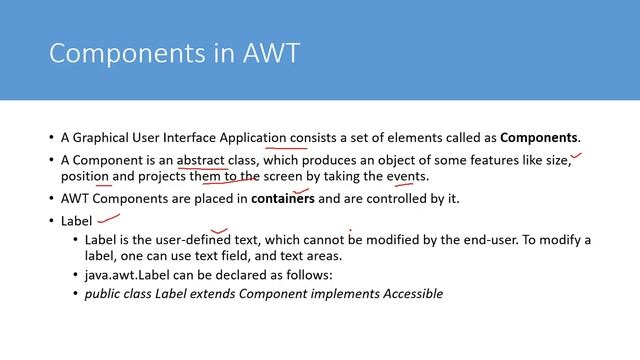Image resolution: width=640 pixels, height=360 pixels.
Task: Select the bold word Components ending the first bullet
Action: [x=539, y=137]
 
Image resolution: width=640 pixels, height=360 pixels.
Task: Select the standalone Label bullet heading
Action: [x=75, y=220]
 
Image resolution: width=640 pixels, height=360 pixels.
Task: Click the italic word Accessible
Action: [x=406, y=294]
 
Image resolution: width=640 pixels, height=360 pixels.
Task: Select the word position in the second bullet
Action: [x=85, y=176]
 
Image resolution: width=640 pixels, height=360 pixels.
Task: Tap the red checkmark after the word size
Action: [x=576, y=155]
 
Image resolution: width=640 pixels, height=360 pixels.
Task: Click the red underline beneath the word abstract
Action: [x=203, y=168]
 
